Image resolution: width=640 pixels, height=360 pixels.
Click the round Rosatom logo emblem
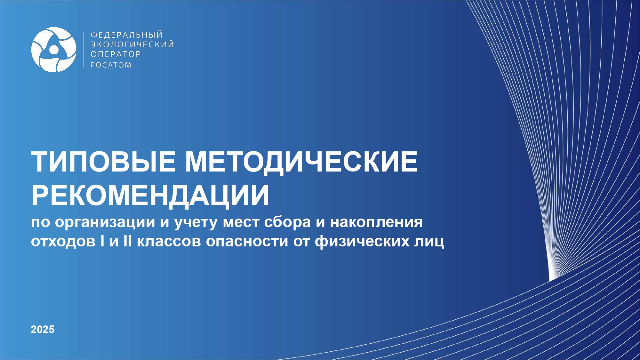(54, 50)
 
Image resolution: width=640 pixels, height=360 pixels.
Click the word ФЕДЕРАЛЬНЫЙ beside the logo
(127, 35)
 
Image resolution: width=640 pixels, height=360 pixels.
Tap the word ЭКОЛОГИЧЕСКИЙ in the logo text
(132, 44)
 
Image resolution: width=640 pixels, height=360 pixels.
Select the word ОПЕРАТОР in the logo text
(116, 54)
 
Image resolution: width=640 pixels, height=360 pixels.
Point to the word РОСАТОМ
(111, 65)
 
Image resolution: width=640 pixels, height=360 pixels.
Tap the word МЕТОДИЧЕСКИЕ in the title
(301, 162)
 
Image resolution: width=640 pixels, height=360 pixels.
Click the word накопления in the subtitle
(376, 222)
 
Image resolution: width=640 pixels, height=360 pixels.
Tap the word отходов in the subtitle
(63, 241)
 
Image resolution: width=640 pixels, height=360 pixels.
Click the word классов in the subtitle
(169, 242)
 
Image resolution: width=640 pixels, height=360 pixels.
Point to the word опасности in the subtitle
(247, 242)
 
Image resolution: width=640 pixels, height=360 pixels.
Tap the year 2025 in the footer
(43, 329)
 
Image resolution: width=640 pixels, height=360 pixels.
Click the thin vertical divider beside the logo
(84, 50)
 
